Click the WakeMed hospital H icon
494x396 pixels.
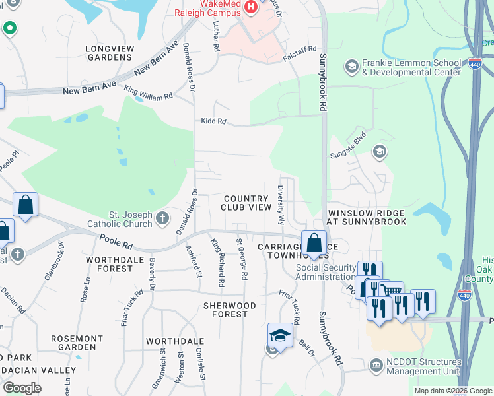[x=250, y=7]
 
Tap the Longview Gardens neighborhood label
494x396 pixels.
[x=109, y=53]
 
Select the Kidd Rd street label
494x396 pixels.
[x=213, y=121]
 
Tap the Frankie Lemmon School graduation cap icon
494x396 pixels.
[x=351, y=67]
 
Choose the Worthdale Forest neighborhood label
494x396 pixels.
[x=110, y=265]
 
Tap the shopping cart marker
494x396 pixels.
[x=392, y=292]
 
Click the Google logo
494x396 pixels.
[x=22, y=387]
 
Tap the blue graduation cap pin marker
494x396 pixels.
[x=280, y=335]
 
